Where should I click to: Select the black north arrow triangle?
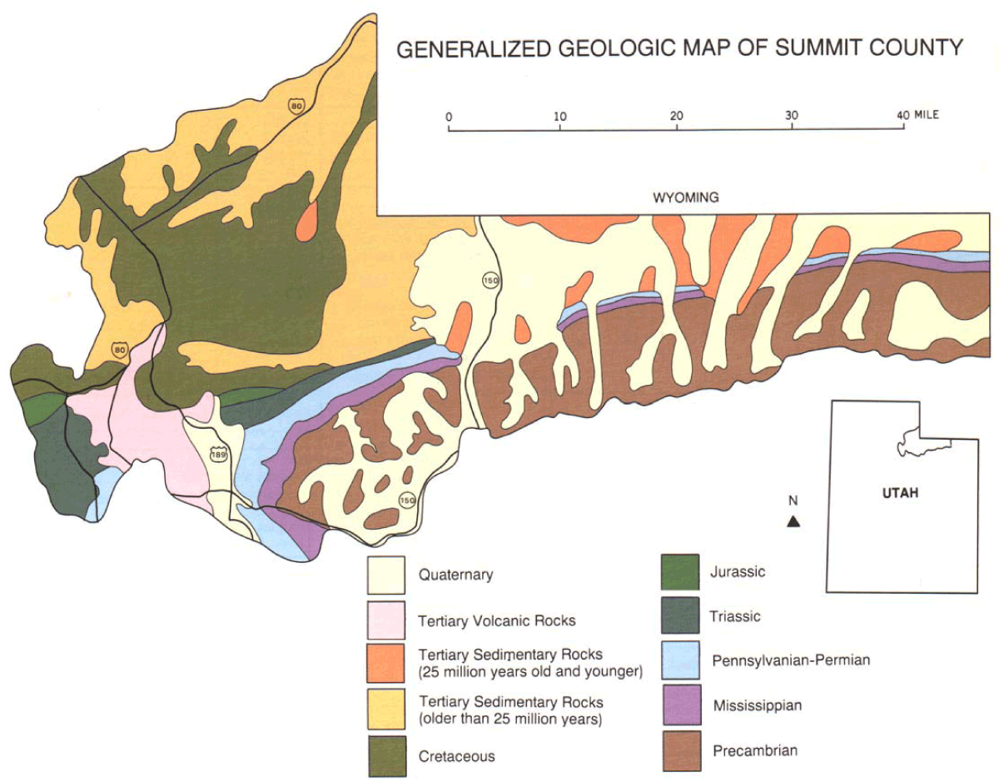pyautogui.click(x=794, y=522)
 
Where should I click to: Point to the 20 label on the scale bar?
pyautogui.click(x=677, y=115)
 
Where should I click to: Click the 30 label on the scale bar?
pyautogui.click(x=791, y=115)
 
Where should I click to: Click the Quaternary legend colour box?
pyautogui.click(x=385, y=575)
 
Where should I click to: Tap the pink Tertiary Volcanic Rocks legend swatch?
pyautogui.click(x=385, y=620)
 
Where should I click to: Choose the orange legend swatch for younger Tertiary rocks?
pyautogui.click(x=385, y=663)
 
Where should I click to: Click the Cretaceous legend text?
pyautogui.click(x=457, y=756)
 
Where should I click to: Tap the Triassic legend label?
pyautogui.click(x=737, y=616)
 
